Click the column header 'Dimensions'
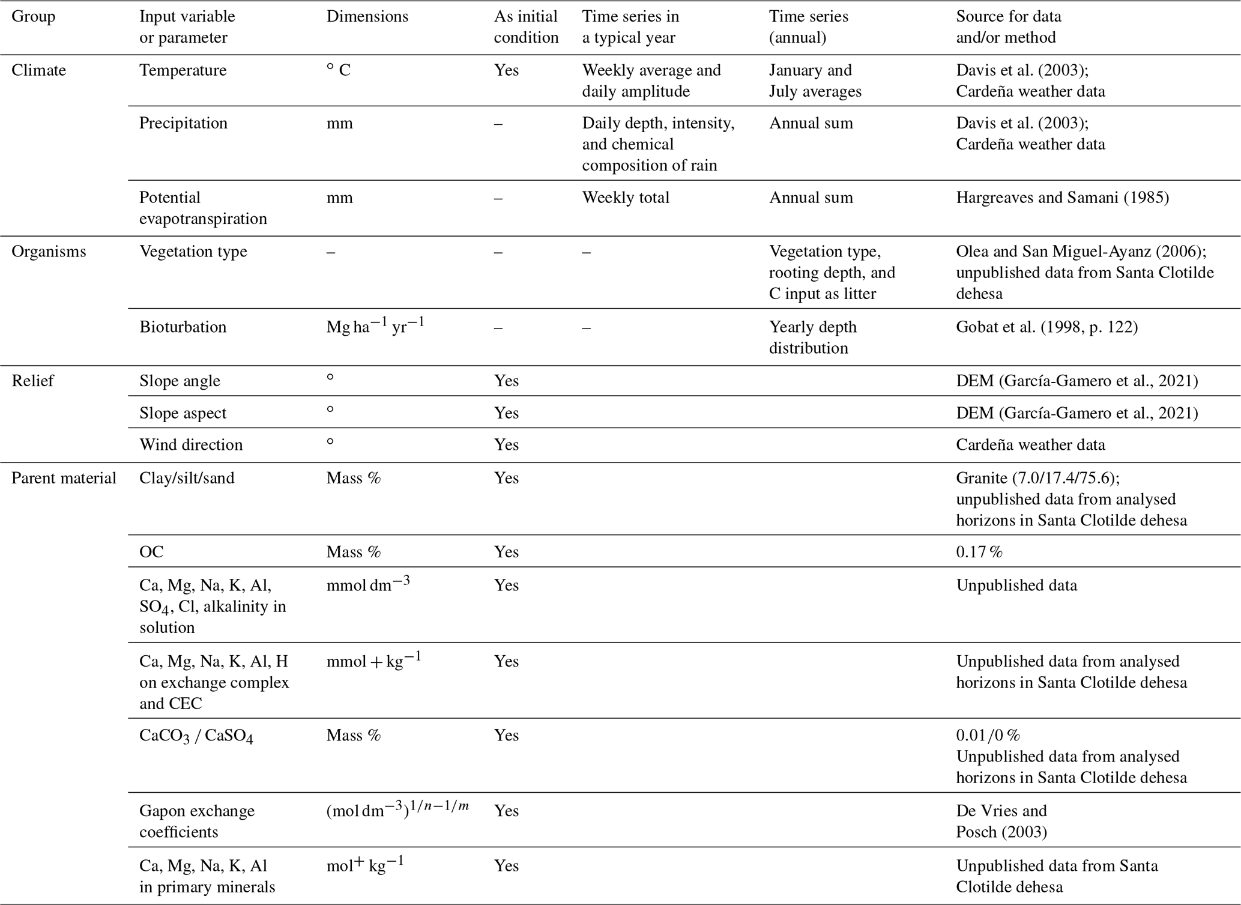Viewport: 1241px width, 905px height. (367, 16)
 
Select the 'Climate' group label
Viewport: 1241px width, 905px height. (38, 70)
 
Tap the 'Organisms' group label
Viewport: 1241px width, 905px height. (49, 252)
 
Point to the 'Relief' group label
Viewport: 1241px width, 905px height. (32, 381)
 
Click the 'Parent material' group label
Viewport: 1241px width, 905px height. (64, 478)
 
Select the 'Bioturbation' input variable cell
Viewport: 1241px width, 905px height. (183, 327)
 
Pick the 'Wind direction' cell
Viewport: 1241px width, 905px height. (191, 444)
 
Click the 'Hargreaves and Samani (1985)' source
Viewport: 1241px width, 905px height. (1062, 198)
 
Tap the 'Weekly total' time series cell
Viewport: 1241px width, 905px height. (625, 198)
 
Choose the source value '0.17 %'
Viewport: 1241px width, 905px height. (979, 552)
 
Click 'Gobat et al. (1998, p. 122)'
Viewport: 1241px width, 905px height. (1046, 327)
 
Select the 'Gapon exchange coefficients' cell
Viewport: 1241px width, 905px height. (197, 821)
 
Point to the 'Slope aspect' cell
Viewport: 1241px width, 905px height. (183, 413)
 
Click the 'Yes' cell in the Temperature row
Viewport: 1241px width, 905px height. (506, 70)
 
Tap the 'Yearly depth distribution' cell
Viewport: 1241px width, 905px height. (812, 337)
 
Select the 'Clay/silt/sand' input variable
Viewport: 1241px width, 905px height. (186, 478)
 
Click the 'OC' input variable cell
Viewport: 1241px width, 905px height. (151, 552)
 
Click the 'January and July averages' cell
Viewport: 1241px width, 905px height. (815, 80)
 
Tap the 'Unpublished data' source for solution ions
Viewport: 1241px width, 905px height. (1016, 585)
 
